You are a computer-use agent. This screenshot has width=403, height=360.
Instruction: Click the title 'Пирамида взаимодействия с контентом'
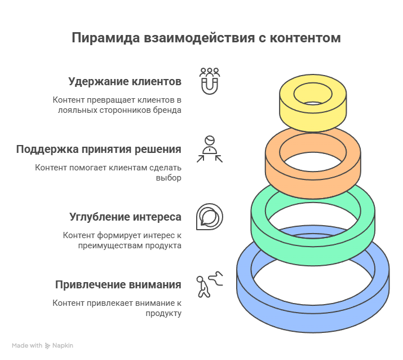206,38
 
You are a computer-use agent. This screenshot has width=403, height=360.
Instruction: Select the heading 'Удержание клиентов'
125,81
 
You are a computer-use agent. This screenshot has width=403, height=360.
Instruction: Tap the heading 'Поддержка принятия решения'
99,149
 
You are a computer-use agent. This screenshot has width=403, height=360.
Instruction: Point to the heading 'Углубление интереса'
125,217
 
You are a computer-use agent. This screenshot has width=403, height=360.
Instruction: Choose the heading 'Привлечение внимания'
118,284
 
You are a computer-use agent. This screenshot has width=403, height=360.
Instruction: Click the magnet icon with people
210,81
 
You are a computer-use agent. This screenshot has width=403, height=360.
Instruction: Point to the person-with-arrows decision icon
210,149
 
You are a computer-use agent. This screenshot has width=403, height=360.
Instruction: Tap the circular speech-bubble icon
209,217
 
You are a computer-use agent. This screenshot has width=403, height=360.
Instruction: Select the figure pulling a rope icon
209,284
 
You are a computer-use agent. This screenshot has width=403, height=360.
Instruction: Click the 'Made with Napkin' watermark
43,345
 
